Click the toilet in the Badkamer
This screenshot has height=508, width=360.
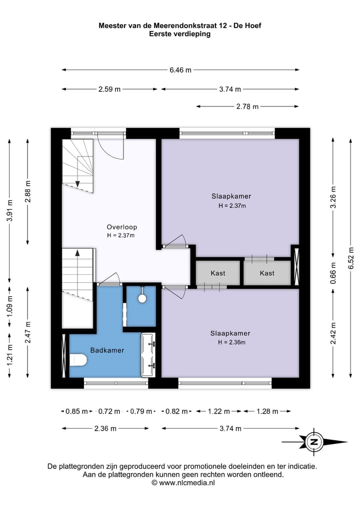pyautogui.click(x=78, y=360)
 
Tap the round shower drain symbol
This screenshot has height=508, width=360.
pyautogui.click(x=142, y=298)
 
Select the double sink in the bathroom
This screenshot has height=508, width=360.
pyautogui.click(x=148, y=355)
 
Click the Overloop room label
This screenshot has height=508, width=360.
pyautogui.click(x=122, y=227)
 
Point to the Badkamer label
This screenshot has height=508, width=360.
pyautogui.click(x=107, y=350)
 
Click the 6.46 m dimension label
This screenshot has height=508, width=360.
pyautogui.click(x=180, y=69)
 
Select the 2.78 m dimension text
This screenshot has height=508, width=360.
pyautogui.click(x=247, y=106)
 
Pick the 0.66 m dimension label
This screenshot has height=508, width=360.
pyautogui.click(x=333, y=273)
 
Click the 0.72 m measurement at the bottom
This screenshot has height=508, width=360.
pyautogui.click(x=109, y=412)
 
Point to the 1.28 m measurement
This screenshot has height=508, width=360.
pyautogui.click(x=267, y=412)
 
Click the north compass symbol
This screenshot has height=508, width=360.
pyautogui.click(x=313, y=442)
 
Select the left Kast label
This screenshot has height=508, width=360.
pyautogui.click(x=218, y=273)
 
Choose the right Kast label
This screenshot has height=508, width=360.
pyautogui.click(x=267, y=273)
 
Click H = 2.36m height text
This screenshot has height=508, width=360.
pyautogui.click(x=231, y=342)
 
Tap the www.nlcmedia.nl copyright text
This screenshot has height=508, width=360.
pyautogui.click(x=183, y=483)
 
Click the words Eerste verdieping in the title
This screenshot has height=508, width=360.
pyautogui.click(x=179, y=34)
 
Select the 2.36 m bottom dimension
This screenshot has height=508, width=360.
pyautogui.click(x=105, y=429)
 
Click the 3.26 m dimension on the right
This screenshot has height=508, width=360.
pyautogui.click(x=333, y=197)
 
